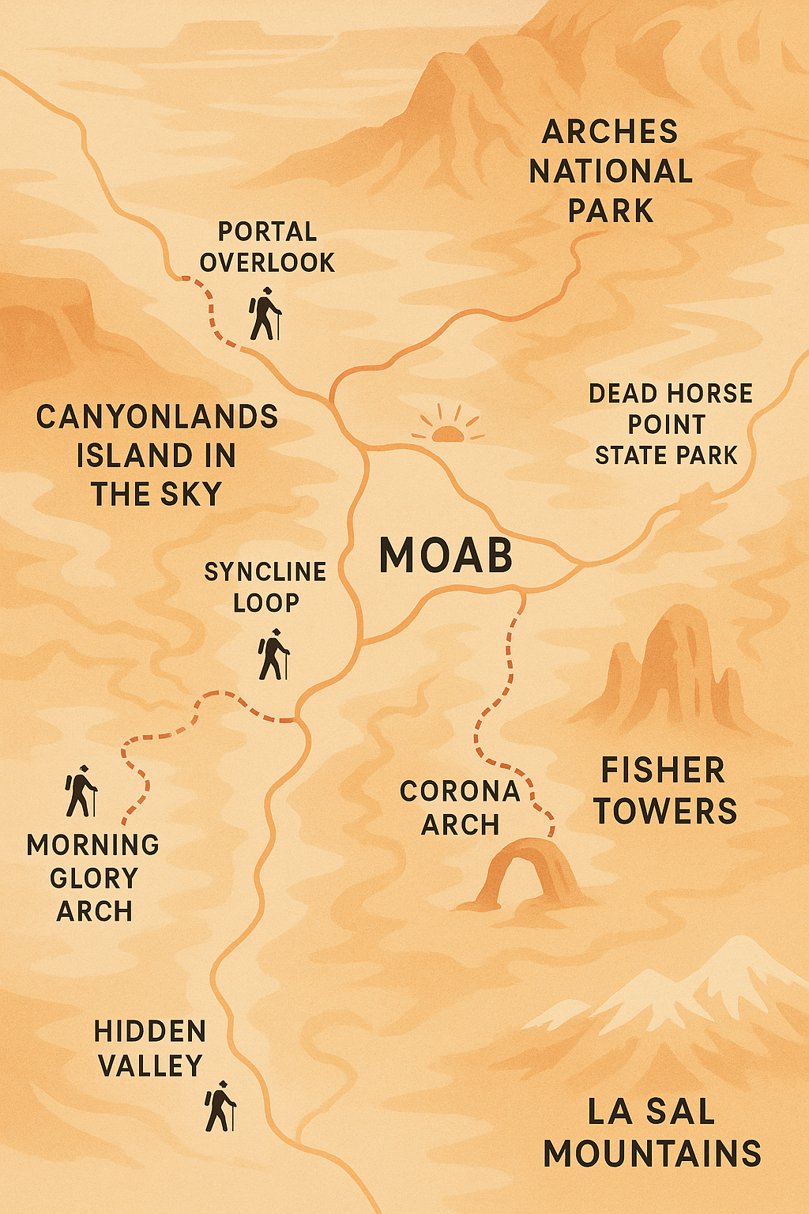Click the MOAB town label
coord(446,555)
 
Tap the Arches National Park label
coord(611,172)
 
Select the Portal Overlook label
coord(267,247)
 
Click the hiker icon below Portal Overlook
coord(265,315)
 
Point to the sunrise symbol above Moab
coord(447,425)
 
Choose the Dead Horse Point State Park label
coord(669,424)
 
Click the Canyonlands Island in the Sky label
coord(157,455)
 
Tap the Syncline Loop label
coord(265,586)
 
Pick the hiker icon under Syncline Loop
coord(273,654)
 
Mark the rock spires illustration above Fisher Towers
coord(675,668)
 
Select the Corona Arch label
coord(460,808)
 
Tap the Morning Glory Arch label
coord(93,878)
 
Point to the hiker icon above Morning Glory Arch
coord(81,791)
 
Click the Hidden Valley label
coord(150,1049)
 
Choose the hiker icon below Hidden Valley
coord(220,1106)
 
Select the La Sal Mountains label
coord(652,1133)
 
